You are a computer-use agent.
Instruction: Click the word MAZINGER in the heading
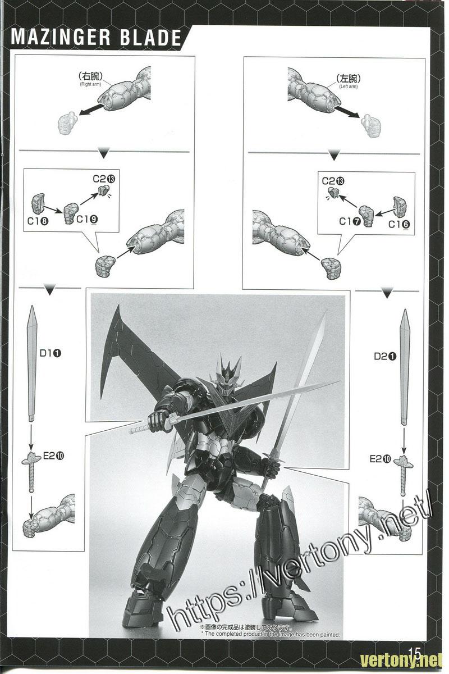tap(61, 38)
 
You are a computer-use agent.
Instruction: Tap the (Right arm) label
tap(90, 84)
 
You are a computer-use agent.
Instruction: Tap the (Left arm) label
tap(349, 86)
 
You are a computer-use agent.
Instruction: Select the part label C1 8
tap(37, 221)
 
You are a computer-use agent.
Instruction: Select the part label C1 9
tap(87, 220)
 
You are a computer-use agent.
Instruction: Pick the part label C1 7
tap(350, 221)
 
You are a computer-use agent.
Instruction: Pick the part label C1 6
tap(399, 224)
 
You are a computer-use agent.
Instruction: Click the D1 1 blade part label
tap(50, 353)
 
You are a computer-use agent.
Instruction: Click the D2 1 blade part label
tap(385, 356)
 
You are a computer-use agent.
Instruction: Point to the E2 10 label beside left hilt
tap(53, 456)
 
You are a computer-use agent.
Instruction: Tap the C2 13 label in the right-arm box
tap(104, 179)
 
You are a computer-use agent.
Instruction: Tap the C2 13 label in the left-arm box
tap(333, 181)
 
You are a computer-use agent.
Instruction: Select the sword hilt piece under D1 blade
tap(31, 470)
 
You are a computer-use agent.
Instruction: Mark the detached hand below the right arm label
tap(67, 124)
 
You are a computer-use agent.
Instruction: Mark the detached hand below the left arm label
tap(370, 125)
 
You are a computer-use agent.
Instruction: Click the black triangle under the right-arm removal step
tap(104, 154)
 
